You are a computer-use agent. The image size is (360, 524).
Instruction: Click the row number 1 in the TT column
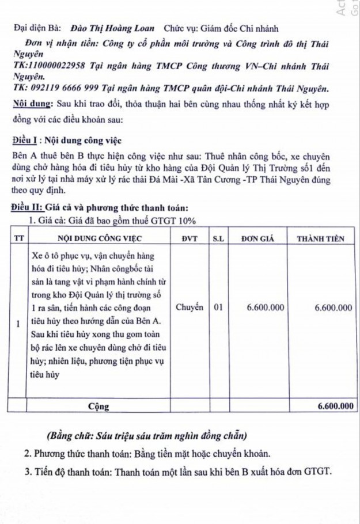pyautogui.click(x=18, y=323)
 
